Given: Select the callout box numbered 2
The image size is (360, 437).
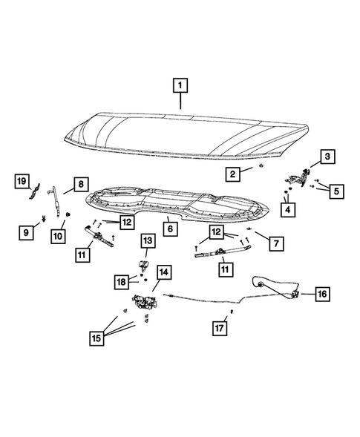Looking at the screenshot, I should (233, 175).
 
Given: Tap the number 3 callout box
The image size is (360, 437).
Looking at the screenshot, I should (327, 157).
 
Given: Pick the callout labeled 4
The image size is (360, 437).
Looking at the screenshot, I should (287, 210).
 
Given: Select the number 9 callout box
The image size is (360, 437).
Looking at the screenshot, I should (25, 232).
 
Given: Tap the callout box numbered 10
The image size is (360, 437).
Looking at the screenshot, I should (58, 236).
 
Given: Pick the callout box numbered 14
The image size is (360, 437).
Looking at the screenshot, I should (163, 272).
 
